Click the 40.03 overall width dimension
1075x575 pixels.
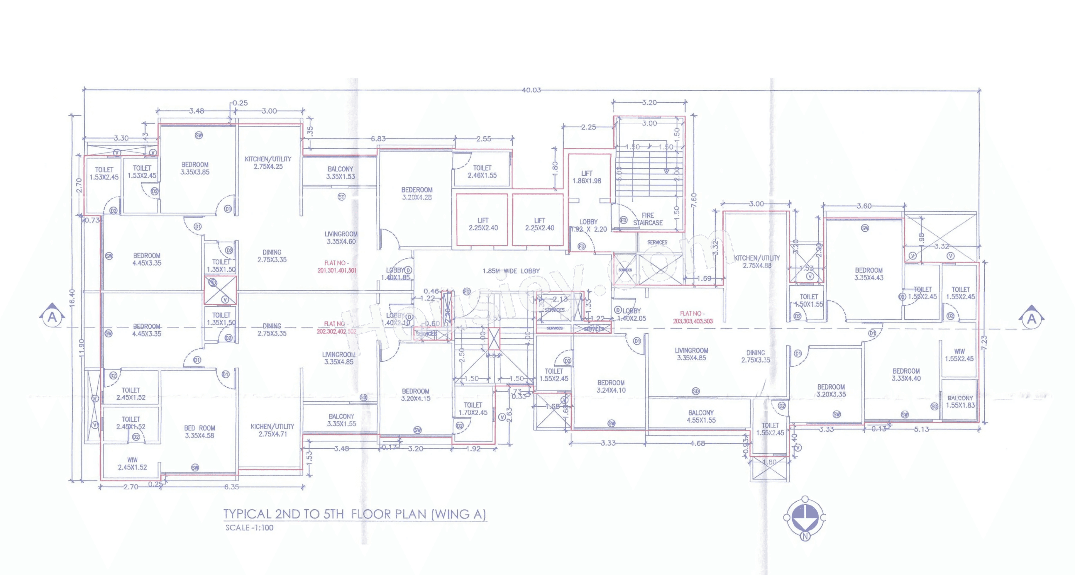coord(531,90)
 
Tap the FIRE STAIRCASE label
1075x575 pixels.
coord(648,219)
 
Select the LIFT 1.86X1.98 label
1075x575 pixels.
coord(587,177)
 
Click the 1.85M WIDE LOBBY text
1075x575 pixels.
coord(511,271)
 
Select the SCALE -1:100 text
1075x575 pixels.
coord(249,528)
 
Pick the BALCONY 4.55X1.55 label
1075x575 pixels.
coord(701,416)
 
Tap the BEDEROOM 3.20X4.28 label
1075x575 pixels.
coord(417,194)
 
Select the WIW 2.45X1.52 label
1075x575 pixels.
coord(132,464)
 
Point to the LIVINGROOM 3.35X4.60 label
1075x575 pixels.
coord(341,238)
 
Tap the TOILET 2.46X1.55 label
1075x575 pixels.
coord(482,172)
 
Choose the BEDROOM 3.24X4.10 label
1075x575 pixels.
coord(611,386)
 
